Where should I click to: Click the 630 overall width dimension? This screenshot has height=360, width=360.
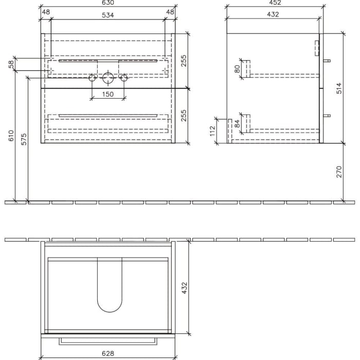point(108,3)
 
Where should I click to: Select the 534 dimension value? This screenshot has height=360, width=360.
point(107,14)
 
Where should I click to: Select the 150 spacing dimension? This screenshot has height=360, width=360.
point(107,94)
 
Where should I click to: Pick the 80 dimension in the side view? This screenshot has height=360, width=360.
point(238,69)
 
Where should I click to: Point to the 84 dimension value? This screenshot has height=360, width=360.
point(238,123)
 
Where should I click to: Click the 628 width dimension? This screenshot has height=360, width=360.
point(107,353)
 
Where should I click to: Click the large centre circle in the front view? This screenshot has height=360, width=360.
point(108,78)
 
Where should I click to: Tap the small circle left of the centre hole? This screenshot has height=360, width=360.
point(92,78)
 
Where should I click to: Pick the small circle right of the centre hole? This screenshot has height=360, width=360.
point(124,78)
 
